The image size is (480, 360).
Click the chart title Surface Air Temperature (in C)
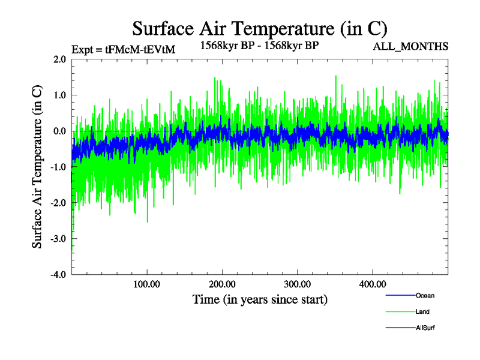tap(259, 28)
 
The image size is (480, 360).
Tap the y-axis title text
tap(37, 167)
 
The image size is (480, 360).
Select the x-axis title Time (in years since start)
tap(260, 299)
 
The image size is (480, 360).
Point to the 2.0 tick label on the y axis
tap(59, 59)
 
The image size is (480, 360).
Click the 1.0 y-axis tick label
tap(59, 95)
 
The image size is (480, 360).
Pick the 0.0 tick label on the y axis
tap(59, 131)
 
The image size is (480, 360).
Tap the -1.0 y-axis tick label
tap(58, 167)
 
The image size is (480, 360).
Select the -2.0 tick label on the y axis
tap(58, 203)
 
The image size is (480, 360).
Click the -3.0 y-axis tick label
tap(58, 239)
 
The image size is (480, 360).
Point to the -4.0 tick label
tap(58, 275)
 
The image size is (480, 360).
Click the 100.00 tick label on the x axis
tap(147, 284)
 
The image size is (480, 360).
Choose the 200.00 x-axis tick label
tap(222, 284)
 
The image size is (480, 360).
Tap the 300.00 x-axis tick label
tap(297, 284)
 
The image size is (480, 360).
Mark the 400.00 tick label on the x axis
tap(372, 284)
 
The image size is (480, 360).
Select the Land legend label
tap(422, 312)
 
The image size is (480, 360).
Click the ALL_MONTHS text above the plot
tap(410, 46)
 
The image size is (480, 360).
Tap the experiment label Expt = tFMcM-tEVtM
tap(123, 50)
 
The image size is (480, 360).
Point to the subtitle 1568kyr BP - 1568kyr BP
tap(259, 46)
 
